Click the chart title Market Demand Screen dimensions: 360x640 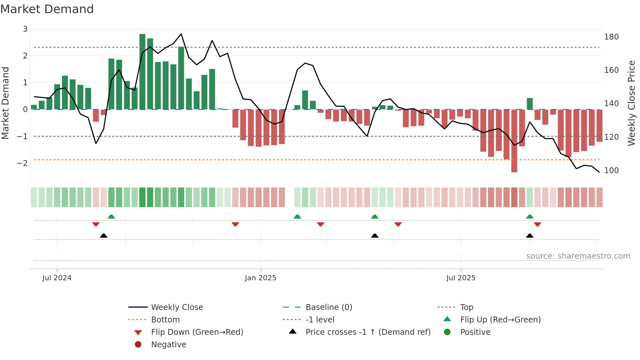coord(47,9)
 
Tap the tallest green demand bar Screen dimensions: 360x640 coord(142,72)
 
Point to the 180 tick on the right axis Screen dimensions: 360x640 coord(611,37)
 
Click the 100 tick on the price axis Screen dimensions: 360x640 coord(611,171)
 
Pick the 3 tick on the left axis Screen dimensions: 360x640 coord(25,29)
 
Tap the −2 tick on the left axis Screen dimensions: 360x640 coord(23,163)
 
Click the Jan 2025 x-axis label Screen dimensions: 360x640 coord(261,278)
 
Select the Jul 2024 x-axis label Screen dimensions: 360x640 coord(57,278)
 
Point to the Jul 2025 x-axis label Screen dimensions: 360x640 coord(461,278)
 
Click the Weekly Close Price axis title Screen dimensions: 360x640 coord(632,103)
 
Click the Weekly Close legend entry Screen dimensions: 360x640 coord(177,307)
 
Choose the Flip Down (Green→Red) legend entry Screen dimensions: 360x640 coord(197,332)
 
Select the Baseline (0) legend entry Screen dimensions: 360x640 coord(328,307)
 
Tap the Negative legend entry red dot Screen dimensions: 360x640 coord(138,345)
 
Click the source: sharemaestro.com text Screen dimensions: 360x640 coord(578,256)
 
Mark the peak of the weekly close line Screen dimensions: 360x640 coord(181,34)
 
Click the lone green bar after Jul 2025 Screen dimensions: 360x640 coord(530,104)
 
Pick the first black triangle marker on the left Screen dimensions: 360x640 coord(104,236)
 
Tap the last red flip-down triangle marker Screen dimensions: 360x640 coord(537,224)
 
